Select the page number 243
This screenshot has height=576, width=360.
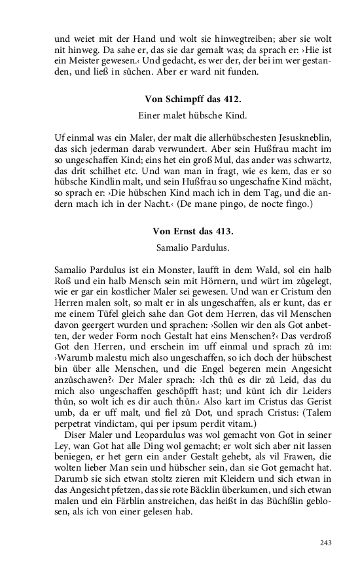point(326,542)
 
